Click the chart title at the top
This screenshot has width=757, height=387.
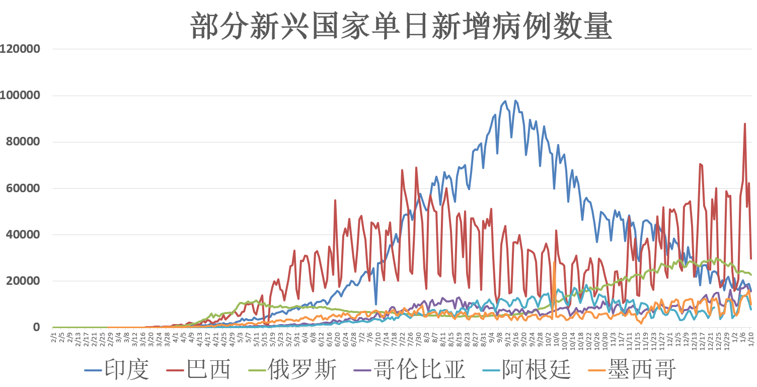coord(401,26)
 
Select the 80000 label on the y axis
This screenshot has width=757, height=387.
coord(23,142)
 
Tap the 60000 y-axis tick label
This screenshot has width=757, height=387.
coord(23,188)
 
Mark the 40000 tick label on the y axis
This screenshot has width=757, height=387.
coord(23,235)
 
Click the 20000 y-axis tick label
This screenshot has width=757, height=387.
coord(23,281)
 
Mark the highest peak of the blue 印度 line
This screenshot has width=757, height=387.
coord(505,101)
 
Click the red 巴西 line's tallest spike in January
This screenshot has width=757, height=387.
coord(745,124)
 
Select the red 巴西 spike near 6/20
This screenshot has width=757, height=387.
coord(335,200)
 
